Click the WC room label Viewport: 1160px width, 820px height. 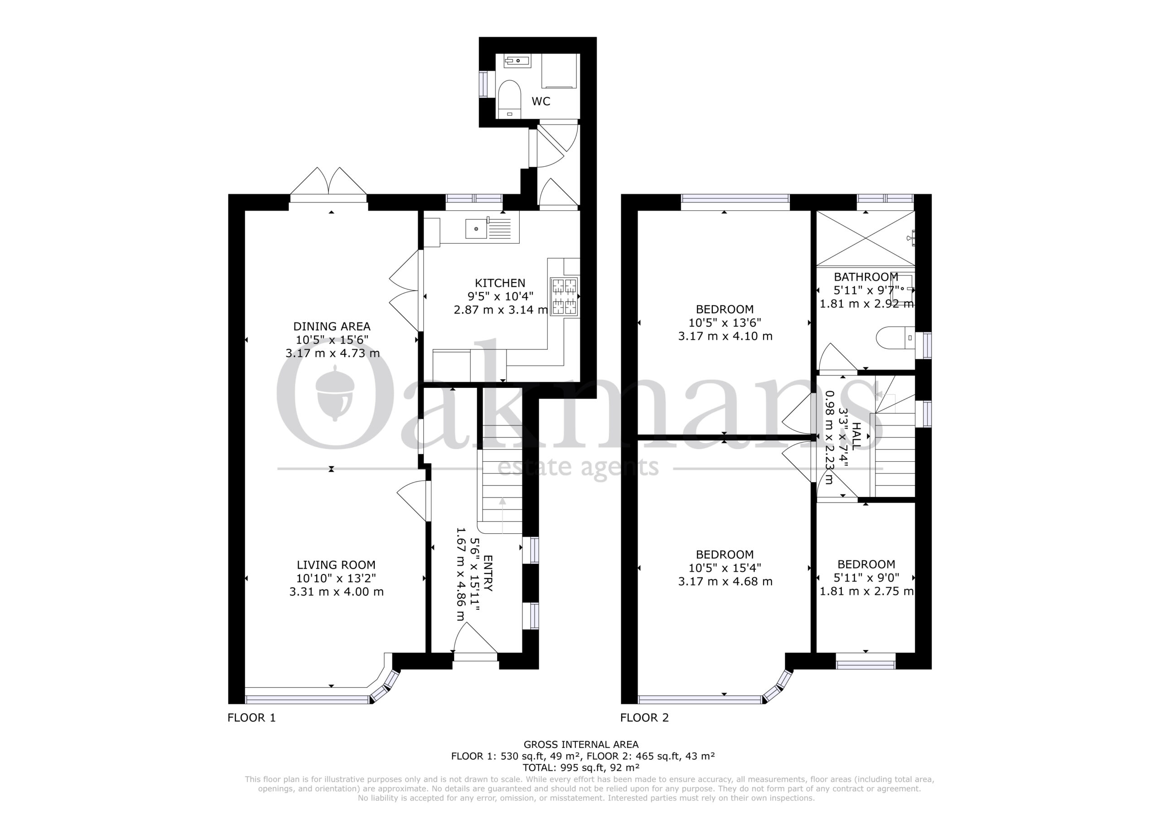(x=541, y=101)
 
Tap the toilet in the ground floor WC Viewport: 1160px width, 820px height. (x=509, y=100)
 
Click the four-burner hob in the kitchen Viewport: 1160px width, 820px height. (x=564, y=297)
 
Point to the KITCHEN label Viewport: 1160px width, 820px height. (x=500, y=284)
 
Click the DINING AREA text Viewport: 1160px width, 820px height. (x=332, y=326)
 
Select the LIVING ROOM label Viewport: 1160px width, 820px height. (x=336, y=565)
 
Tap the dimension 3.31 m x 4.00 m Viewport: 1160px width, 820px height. (x=337, y=592)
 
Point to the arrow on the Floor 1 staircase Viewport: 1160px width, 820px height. (x=502, y=516)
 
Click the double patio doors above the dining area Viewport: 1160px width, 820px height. (x=329, y=184)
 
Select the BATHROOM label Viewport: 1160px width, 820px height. (x=866, y=277)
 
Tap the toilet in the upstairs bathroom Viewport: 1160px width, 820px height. (x=896, y=338)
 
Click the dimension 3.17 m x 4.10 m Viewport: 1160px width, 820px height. (x=725, y=336)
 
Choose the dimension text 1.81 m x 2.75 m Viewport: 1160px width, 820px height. (x=866, y=591)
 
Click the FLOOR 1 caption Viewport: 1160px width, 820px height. (x=251, y=718)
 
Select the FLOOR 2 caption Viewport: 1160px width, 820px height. (x=645, y=718)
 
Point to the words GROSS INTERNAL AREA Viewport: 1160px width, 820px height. (x=581, y=744)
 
